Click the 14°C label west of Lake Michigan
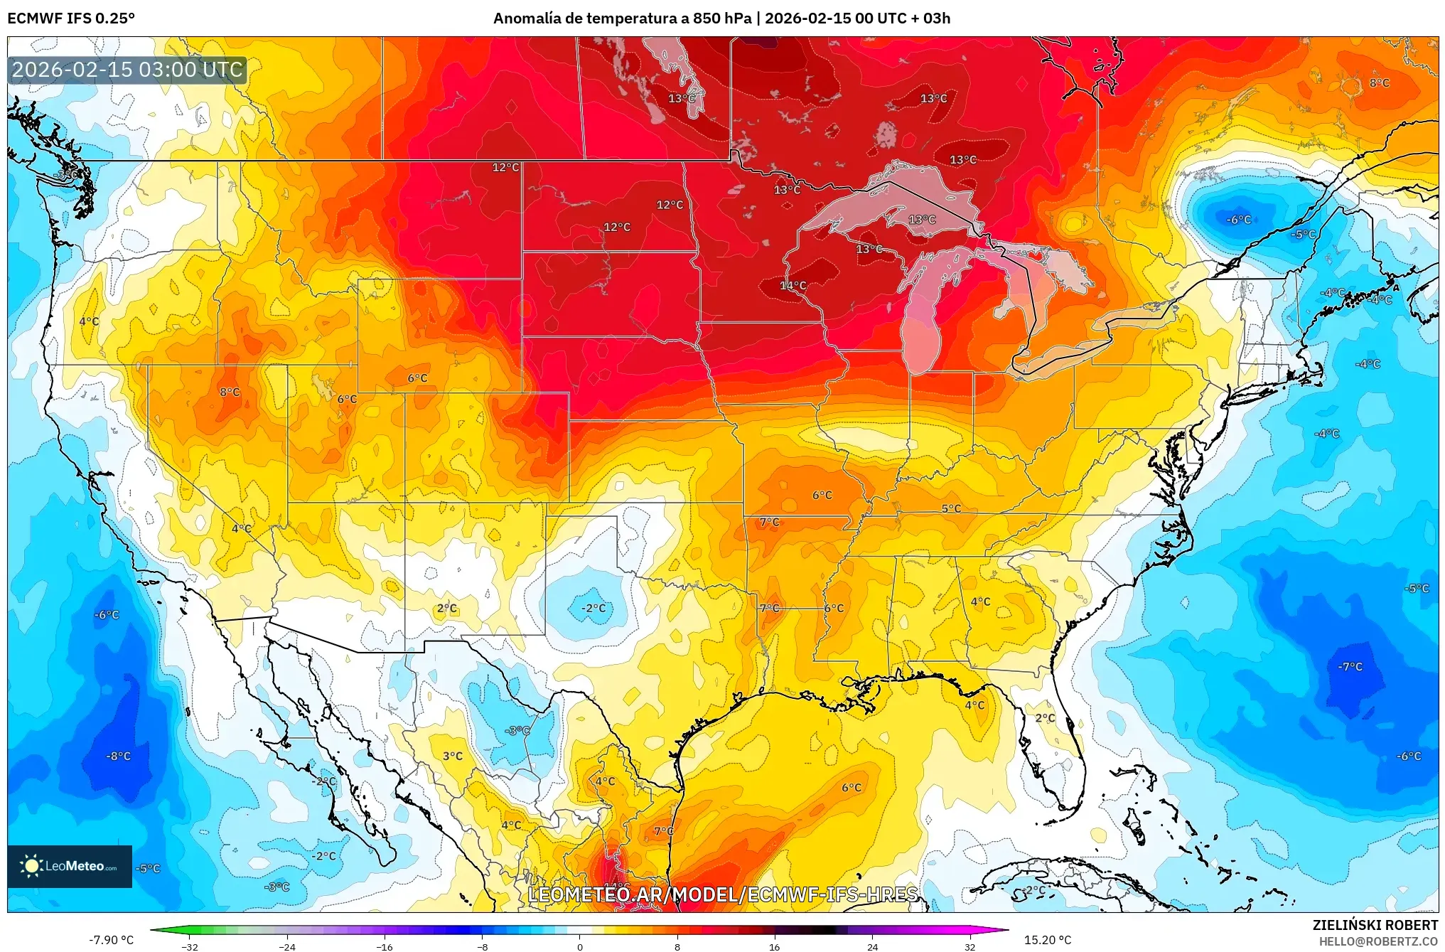coord(793,286)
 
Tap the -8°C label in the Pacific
coord(119,756)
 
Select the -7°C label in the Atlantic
coord(1350,667)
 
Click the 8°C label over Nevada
coord(230,392)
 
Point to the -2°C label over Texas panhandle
coord(593,609)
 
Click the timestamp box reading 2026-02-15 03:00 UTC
coord(127,70)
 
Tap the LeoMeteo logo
coord(70,866)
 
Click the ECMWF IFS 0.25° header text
coord(71,18)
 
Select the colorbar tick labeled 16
coord(775,946)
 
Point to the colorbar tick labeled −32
coord(190,946)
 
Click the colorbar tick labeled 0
coord(580,946)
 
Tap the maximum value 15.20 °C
coord(1047,940)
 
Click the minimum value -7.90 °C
coord(111,940)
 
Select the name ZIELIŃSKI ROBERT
coord(1375,925)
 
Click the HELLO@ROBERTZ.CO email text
coord(1378,941)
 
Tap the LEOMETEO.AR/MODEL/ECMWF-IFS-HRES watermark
coord(723,894)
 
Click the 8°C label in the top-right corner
coord(1379,83)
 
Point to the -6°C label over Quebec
coord(1239,220)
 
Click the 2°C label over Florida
coord(1045,718)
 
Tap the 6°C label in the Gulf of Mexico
coord(852,788)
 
